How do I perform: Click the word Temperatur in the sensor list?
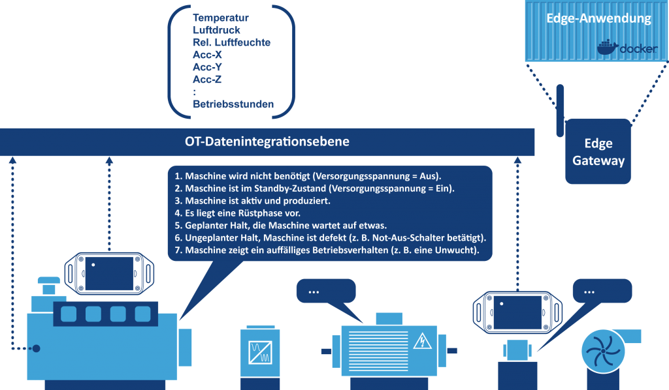click(221, 18)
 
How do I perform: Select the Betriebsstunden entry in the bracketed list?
click(233, 104)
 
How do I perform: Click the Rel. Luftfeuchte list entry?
click(231, 42)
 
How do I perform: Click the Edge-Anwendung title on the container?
click(598, 18)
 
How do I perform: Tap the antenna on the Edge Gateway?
click(559, 104)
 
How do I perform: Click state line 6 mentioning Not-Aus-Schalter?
click(331, 237)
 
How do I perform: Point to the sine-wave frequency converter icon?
click(260, 352)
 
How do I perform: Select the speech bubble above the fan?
click(602, 292)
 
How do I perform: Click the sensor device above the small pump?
click(517, 311)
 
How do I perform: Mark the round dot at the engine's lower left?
click(37, 349)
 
